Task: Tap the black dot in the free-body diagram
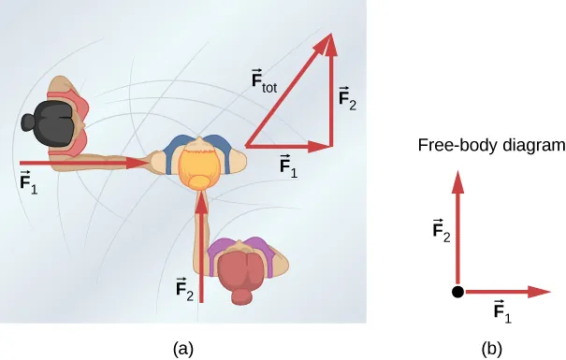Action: [x=457, y=292]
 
